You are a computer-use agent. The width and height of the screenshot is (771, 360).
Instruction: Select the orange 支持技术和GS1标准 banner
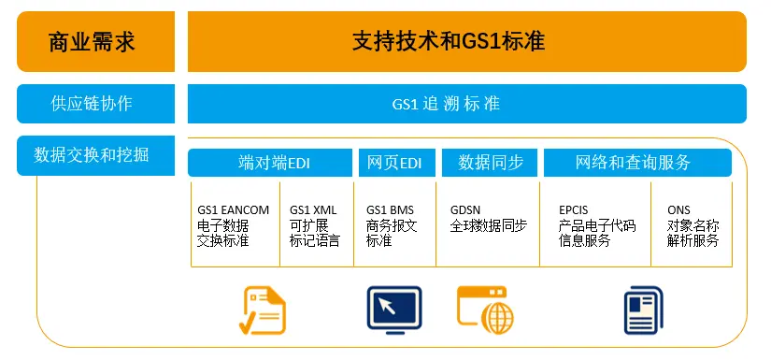(466, 41)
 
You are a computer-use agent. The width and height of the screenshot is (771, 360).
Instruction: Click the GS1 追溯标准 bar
(466, 104)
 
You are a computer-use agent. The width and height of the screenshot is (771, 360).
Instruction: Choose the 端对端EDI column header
(271, 163)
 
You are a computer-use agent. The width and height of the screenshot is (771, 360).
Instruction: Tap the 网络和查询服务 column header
(633, 163)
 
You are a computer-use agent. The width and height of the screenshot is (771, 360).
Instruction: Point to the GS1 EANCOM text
(233, 210)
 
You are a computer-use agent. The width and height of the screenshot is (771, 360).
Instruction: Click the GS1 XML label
(313, 210)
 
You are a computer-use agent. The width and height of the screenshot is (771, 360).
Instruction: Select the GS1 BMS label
(390, 210)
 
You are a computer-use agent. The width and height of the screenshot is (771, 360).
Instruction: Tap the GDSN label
(466, 210)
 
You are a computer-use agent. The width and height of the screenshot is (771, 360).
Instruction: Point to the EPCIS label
(573, 210)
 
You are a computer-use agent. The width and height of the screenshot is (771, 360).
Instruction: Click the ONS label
(679, 210)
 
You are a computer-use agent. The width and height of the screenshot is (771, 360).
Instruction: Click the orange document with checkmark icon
(263, 310)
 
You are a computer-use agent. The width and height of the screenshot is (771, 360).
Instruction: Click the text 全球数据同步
(488, 225)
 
